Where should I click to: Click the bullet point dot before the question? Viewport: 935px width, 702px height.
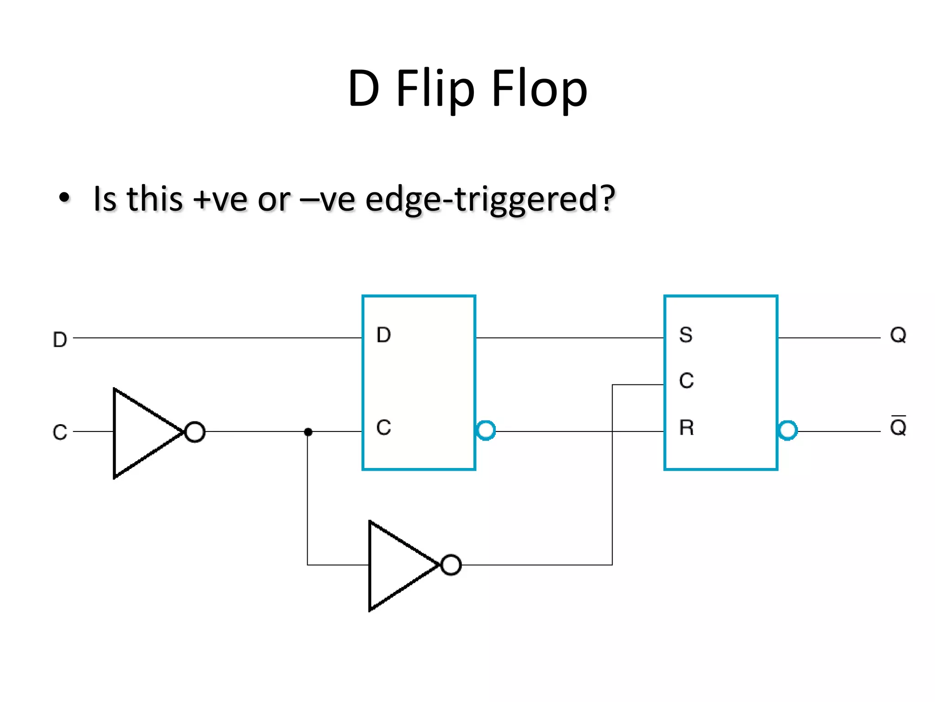[64, 198]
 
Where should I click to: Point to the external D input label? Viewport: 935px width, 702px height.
[60, 340]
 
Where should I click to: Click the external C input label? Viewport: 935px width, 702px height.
[60, 432]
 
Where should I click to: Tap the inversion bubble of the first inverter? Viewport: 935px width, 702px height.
[195, 432]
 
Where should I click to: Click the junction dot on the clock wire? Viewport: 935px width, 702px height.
[308, 432]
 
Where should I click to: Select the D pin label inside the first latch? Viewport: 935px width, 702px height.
[383, 335]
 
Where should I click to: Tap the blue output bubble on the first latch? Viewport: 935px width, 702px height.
[485, 431]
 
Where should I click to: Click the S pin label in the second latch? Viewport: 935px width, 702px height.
[686, 335]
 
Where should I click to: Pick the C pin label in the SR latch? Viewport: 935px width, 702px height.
[686, 381]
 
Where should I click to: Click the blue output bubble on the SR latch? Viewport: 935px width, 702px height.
[788, 431]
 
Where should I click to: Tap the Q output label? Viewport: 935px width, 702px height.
[898, 335]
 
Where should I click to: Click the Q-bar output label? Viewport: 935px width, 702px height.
[898, 427]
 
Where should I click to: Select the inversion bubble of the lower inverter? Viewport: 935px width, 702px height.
[451, 565]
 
